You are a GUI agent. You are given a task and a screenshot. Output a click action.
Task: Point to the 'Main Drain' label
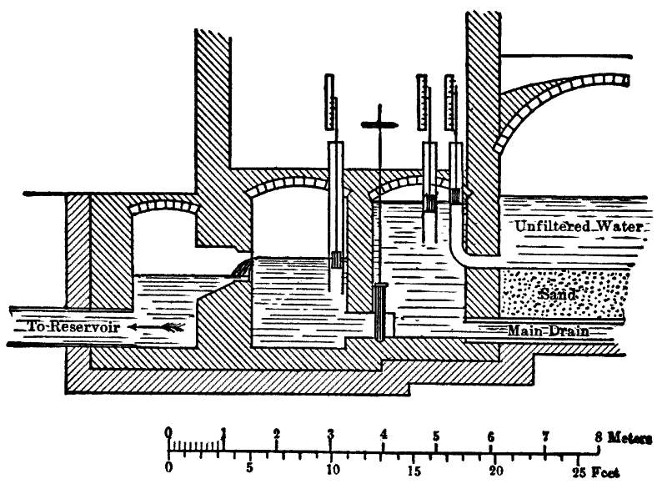(549, 331)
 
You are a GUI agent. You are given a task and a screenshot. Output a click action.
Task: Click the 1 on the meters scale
(223, 434)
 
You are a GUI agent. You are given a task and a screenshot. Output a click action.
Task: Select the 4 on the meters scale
(384, 434)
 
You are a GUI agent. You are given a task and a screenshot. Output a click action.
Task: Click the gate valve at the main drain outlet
(381, 310)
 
